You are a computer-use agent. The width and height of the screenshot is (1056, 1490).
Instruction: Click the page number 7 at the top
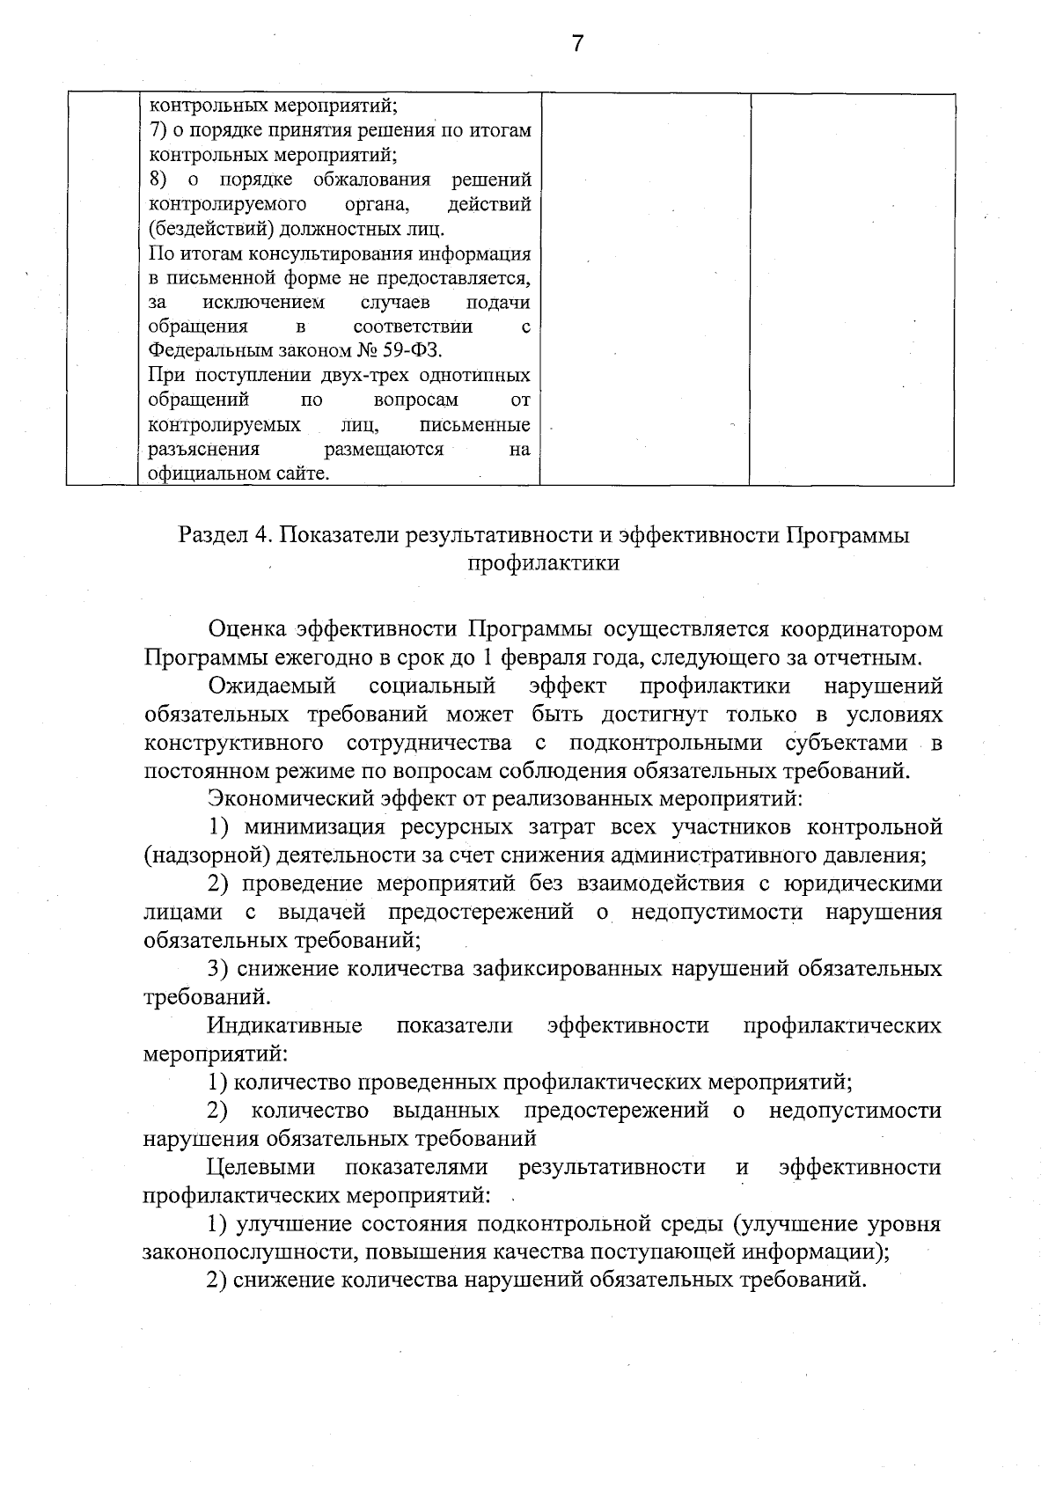(x=577, y=43)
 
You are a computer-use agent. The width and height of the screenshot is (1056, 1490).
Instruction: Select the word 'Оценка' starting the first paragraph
(x=246, y=629)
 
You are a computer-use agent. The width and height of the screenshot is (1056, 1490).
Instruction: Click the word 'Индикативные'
(x=285, y=1025)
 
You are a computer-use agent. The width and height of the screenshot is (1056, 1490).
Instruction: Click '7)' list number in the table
(x=158, y=131)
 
